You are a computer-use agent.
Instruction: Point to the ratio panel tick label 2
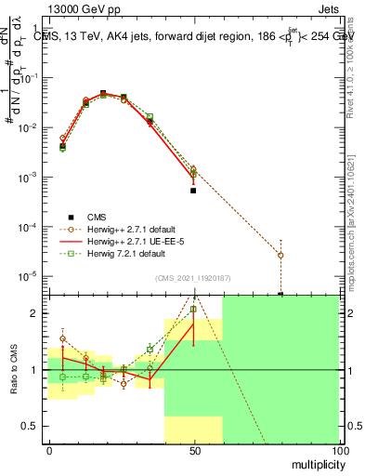click(36, 313)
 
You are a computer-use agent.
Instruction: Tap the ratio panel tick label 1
click(36, 370)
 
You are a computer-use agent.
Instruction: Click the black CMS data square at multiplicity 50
click(193, 191)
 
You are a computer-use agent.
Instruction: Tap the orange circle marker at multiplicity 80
click(280, 255)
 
